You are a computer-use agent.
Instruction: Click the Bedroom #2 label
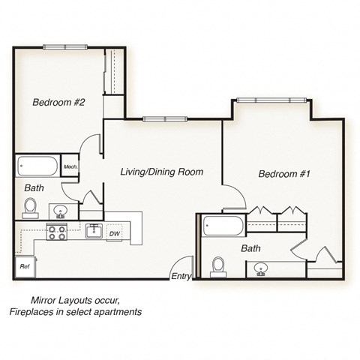(x=58, y=103)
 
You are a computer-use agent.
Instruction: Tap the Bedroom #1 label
(x=283, y=174)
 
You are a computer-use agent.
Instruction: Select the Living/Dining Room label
(x=162, y=172)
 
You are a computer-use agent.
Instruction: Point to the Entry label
(x=181, y=277)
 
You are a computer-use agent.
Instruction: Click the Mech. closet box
(x=71, y=166)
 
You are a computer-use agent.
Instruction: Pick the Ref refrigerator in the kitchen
(x=24, y=265)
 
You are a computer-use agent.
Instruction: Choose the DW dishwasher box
(x=114, y=233)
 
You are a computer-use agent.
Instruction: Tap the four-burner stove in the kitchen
(x=57, y=232)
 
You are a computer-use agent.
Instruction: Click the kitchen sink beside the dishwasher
(x=94, y=231)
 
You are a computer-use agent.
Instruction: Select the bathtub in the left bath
(x=38, y=166)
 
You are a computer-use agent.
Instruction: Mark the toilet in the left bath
(x=31, y=205)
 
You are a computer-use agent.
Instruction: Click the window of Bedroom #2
(x=65, y=47)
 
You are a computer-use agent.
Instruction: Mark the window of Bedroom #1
(x=271, y=100)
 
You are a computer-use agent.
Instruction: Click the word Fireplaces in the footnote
(x=35, y=311)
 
